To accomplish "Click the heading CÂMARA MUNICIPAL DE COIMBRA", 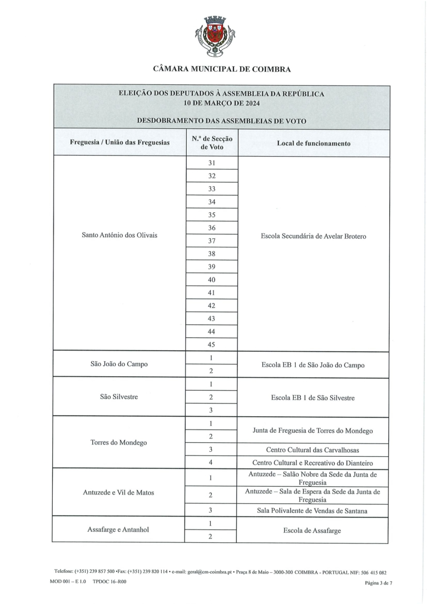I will click(221, 69).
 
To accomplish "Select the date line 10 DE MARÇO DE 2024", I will click(221, 103).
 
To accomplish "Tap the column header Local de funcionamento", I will click(313, 143).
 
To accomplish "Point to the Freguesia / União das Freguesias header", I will click(120, 143).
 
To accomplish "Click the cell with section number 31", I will click(211, 163).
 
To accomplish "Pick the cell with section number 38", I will click(211, 254).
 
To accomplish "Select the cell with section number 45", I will click(211, 345).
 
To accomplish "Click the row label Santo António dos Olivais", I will click(120, 235).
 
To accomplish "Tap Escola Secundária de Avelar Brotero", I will click(313, 236).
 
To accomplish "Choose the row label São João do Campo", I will click(120, 364).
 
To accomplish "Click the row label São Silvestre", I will click(120, 397).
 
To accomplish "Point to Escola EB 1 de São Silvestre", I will click(313, 398).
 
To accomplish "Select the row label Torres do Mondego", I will click(120, 443).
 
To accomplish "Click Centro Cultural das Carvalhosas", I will click(313, 450).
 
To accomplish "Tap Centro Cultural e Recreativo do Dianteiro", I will click(313, 463).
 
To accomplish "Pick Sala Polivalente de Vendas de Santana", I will click(313, 510).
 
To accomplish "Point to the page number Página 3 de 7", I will click(379, 583).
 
